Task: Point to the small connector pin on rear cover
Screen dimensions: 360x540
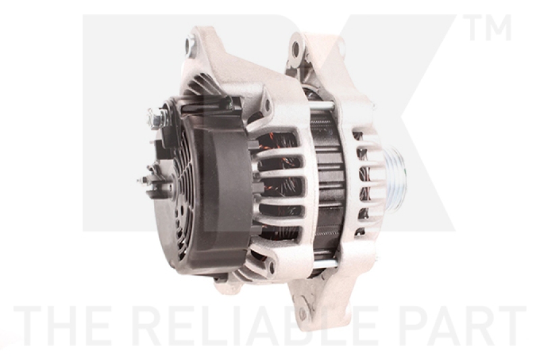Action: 143,181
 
